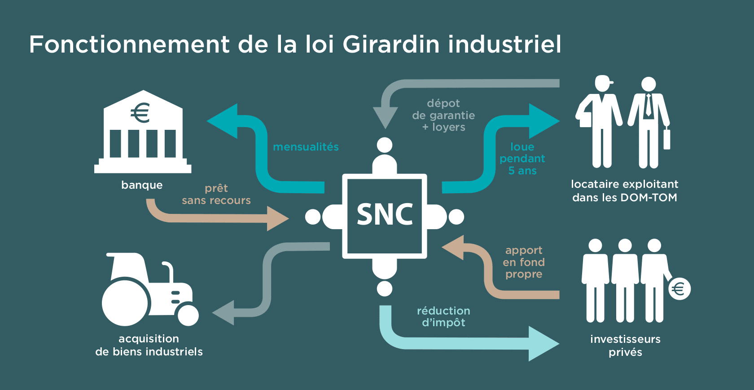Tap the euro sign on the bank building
pyautogui.click(x=140, y=113)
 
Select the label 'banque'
pyautogui.click(x=142, y=185)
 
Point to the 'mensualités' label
pyautogui.click(x=306, y=147)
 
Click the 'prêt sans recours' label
pyautogui.click(x=216, y=194)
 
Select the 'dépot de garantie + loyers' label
pyautogui.click(x=443, y=115)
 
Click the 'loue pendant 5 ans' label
pyautogui.click(x=522, y=159)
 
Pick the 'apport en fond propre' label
pyautogui.click(x=524, y=262)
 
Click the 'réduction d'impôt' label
pyautogui.click(x=443, y=316)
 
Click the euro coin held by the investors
pyautogui.click(x=679, y=289)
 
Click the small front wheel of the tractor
pyautogui.click(x=188, y=315)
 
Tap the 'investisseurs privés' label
pyautogui.click(x=625, y=345)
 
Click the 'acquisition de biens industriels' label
pyautogui.click(x=149, y=345)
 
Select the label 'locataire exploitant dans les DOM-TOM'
pyautogui.click(x=624, y=191)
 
